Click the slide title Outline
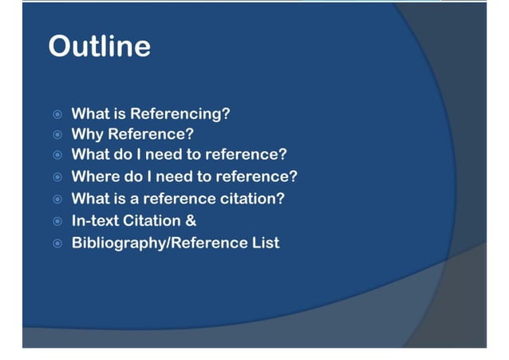pos(99,45)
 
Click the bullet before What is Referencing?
pos(57,114)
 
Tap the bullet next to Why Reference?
pos(57,135)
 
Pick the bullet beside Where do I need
pos(57,177)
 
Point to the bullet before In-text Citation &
pos(57,221)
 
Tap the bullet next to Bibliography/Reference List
pos(57,243)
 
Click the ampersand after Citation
pos(191,220)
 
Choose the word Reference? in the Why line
pos(151,134)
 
